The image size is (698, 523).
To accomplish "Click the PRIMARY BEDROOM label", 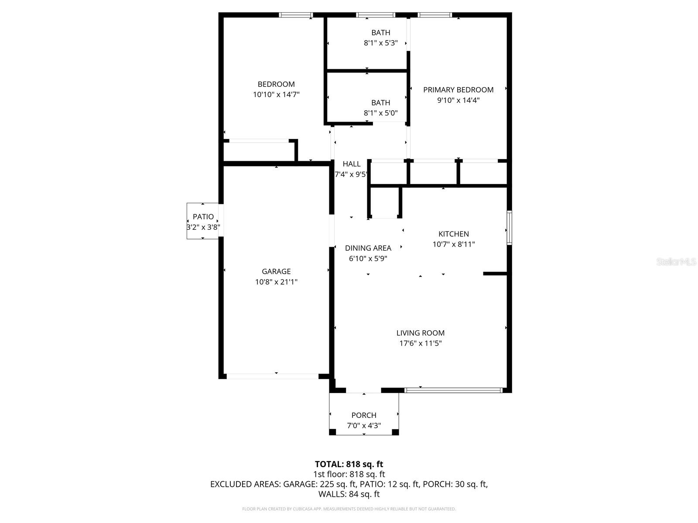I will (458, 90).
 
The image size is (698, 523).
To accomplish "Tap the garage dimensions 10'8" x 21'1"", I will (276, 282).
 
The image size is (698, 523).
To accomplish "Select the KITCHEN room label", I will (453, 234).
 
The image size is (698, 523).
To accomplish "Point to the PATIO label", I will (203, 217).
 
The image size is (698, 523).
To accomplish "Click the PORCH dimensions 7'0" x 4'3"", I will (364, 426).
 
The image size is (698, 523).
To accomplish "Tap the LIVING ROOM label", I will (420, 333).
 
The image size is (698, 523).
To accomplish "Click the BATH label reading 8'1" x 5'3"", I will (380, 33).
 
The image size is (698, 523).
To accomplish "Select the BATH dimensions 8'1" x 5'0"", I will (380, 113).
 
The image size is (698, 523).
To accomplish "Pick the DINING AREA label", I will (368, 248).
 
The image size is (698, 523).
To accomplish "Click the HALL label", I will (351, 164).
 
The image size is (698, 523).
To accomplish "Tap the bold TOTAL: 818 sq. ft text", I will (349, 464).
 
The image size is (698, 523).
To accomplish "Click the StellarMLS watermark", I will (676, 262).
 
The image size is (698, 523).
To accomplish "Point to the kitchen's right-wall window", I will (509, 228).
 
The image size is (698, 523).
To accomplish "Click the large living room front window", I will (453, 390).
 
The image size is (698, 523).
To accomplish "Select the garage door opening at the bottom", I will (273, 376).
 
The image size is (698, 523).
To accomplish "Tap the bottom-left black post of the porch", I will (332, 432).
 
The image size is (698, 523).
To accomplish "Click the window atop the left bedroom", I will (296, 15).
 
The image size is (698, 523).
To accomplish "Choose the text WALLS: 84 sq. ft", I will (349, 494).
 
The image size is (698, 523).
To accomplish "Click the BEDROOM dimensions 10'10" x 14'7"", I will (276, 95).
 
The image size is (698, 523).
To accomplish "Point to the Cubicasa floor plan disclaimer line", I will (349, 509).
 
